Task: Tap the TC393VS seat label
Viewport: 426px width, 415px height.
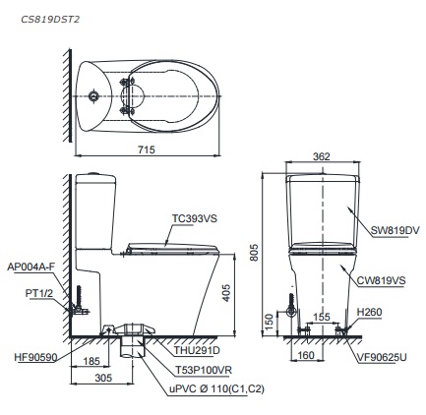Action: point(195,218)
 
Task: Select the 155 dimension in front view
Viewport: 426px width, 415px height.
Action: point(322,317)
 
